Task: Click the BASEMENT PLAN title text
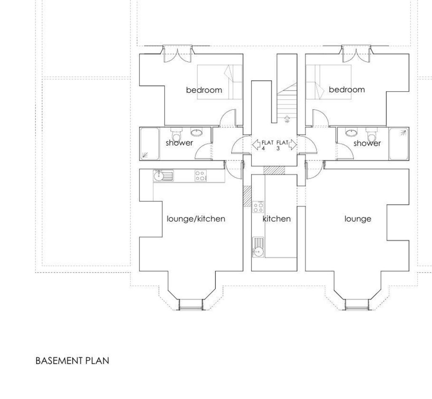coord(73,361)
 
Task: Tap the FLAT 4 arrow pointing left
coord(256,144)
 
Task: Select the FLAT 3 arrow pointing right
coord(292,145)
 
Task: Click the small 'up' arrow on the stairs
coord(287,118)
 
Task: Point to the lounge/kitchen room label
coord(196,219)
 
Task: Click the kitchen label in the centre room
coord(277,219)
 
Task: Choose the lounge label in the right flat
coord(358,219)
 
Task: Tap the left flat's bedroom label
coord(204,90)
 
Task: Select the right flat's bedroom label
coord(347,90)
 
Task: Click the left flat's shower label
coord(179,143)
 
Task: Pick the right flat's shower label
coord(367,144)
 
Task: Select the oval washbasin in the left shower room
coord(197,133)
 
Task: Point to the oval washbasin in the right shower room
coord(351,133)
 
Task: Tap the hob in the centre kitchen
coord(258,207)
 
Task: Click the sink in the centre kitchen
coord(258,247)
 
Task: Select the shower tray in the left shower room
coord(149,144)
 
